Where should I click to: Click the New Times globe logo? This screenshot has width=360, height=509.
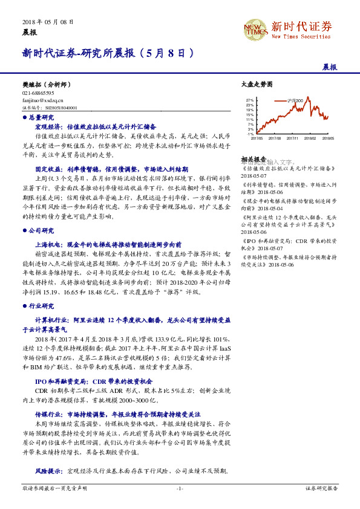[257, 28]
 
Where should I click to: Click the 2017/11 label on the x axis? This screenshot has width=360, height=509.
[293, 138]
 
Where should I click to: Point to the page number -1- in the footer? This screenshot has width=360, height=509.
[180, 488]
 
